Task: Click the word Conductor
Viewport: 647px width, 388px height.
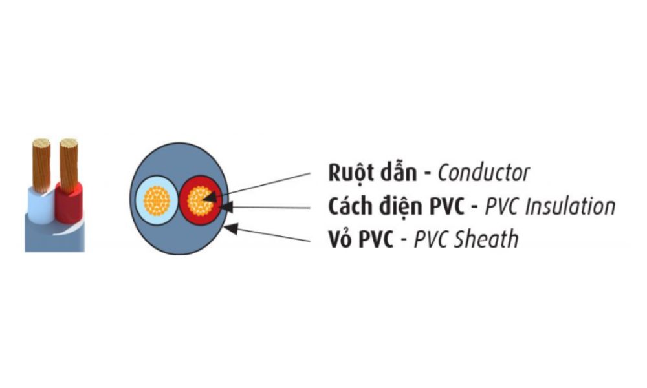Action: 483,173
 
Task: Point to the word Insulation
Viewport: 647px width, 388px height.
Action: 569,206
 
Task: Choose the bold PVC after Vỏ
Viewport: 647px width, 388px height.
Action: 374,239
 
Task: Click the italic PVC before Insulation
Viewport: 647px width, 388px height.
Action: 503,206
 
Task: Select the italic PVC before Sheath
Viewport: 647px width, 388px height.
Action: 432,239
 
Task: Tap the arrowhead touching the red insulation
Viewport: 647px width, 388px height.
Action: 225,207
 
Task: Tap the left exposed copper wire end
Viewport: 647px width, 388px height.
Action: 41,162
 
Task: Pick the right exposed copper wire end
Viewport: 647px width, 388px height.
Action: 69,162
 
